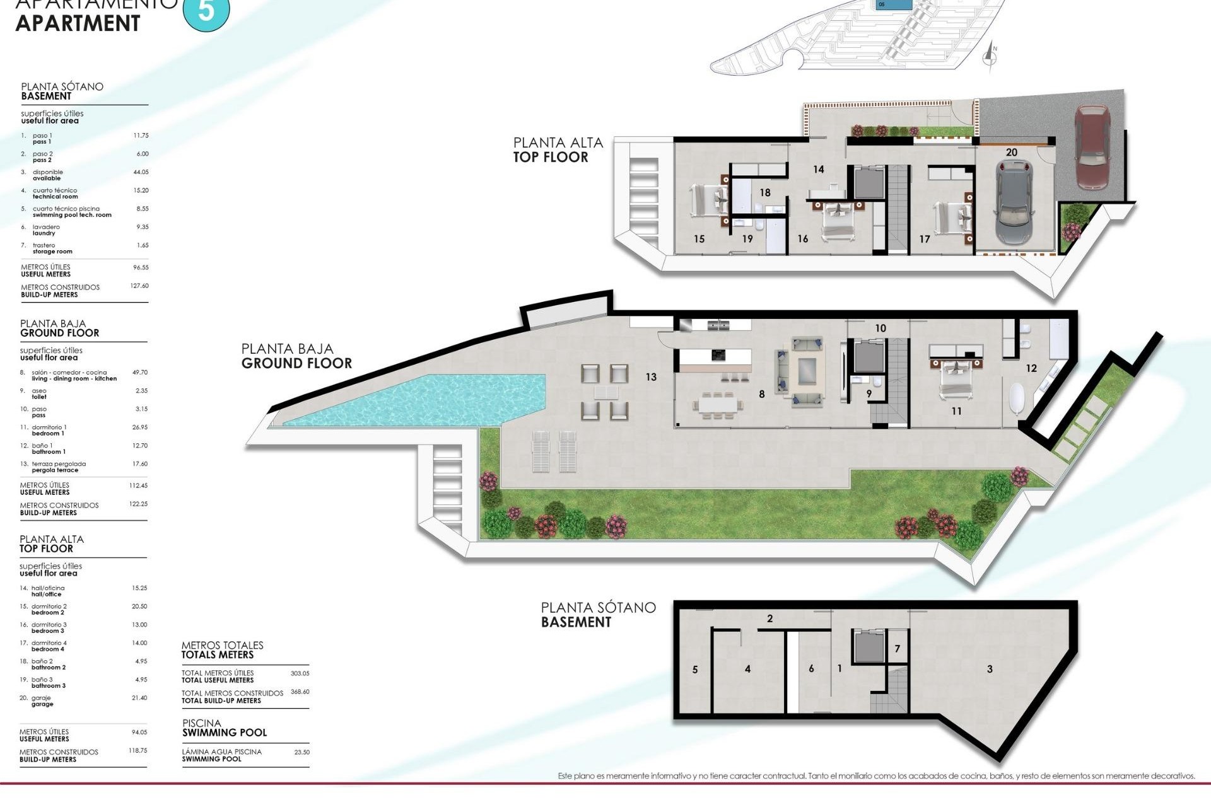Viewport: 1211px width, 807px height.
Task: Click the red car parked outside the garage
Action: click(1092, 146)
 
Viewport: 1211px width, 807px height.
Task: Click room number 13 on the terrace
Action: click(651, 377)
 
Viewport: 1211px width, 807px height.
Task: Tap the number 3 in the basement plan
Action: click(990, 669)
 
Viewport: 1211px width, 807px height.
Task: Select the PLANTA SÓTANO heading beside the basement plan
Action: click(598, 607)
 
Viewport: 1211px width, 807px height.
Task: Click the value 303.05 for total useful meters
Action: click(300, 673)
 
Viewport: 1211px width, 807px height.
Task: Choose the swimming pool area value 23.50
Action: click(301, 752)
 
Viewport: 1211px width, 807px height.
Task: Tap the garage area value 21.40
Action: click(139, 698)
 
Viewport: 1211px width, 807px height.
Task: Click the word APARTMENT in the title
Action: click(78, 23)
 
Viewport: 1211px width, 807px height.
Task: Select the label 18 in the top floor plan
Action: click(765, 192)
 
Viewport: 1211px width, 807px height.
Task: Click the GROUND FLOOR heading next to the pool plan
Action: click(296, 363)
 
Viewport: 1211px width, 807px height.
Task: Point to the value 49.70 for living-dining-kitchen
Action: click(139, 373)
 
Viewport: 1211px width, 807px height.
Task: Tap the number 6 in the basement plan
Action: click(811, 668)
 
